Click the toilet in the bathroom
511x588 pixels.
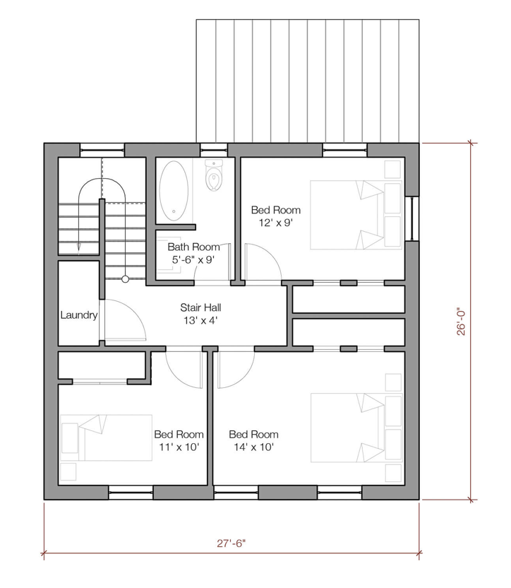click(214, 175)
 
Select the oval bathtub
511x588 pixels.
click(174, 191)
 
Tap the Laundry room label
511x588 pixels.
click(79, 315)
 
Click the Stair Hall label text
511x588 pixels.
click(201, 307)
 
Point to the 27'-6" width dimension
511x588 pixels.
click(232, 543)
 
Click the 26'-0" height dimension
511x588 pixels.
click(461, 322)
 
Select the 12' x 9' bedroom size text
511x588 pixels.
click(275, 223)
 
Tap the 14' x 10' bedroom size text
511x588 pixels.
click(253, 447)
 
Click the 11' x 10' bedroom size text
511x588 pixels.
click(179, 447)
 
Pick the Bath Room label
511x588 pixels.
click(193, 247)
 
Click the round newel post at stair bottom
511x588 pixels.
click(125, 279)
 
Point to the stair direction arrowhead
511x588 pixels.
click(79, 247)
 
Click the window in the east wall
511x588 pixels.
click(412, 218)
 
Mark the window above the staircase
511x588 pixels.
click(102, 151)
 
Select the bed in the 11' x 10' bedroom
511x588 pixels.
click(106, 437)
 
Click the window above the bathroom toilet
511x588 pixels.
click(214, 151)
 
